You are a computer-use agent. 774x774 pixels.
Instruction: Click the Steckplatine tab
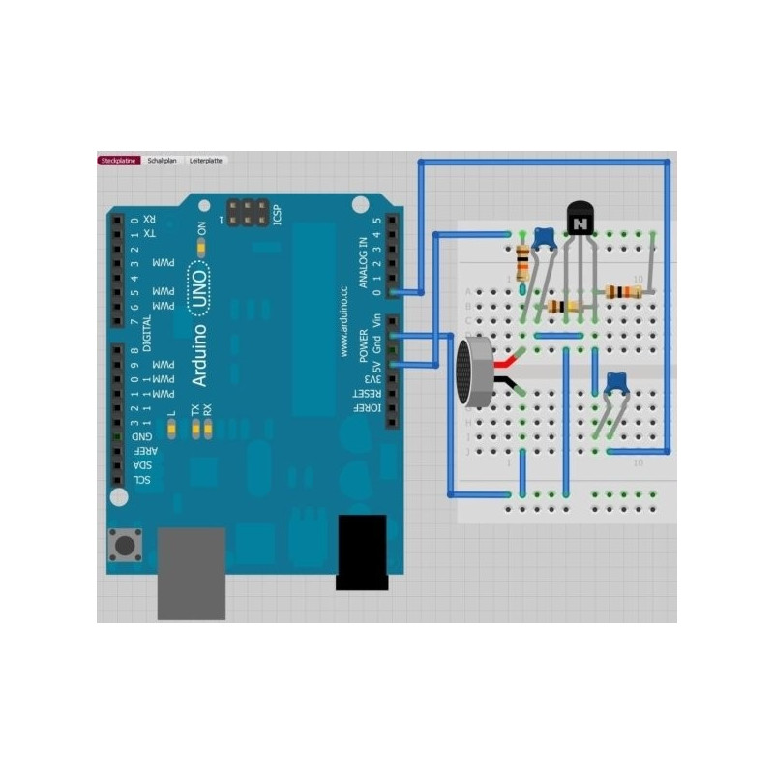point(120,160)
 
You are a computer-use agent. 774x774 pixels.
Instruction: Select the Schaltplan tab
point(162,160)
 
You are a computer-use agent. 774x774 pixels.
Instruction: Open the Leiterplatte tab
point(205,160)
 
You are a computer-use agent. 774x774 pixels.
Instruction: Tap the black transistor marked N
point(580,222)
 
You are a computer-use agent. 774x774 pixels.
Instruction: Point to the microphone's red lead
point(507,360)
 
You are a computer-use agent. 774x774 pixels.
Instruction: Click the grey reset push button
point(126,545)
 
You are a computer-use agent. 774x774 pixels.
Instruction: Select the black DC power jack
point(361,551)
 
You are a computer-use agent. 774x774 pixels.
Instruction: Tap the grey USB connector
point(192,573)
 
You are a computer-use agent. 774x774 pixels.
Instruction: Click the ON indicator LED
point(201,249)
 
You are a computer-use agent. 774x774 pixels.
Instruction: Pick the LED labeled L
point(172,428)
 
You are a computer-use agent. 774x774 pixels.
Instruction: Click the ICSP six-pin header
point(249,213)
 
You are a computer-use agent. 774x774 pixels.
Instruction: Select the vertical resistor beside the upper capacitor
point(523,262)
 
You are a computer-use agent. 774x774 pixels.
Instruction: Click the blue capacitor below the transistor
point(614,384)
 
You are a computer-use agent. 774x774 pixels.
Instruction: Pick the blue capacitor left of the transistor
point(545,238)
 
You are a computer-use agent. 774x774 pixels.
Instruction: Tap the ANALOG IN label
point(364,262)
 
